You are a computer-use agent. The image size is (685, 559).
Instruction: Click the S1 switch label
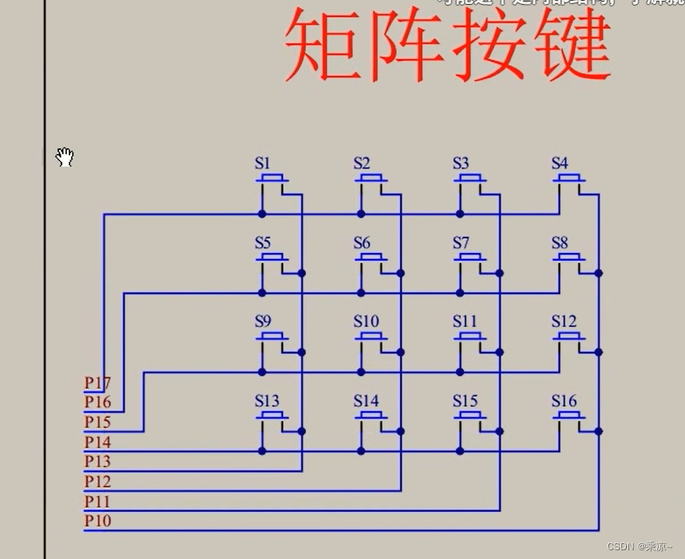tap(263, 163)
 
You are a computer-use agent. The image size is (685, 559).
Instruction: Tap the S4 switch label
tap(560, 163)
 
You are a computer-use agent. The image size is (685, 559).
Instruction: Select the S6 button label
tap(362, 242)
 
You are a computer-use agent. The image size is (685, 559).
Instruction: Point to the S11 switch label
tap(464, 321)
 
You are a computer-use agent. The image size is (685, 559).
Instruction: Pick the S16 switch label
tap(564, 400)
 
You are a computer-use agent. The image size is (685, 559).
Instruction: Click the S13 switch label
tap(267, 400)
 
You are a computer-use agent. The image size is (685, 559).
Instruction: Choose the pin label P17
tap(97, 383)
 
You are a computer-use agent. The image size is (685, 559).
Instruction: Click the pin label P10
tap(97, 521)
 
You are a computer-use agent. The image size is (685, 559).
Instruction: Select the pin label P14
tap(97, 442)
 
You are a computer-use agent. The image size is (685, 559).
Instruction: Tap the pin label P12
tap(97, 481)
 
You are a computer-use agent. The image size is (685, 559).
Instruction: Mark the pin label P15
tap(97, 422)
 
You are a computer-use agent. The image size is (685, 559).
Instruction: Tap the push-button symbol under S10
tap(373, 337)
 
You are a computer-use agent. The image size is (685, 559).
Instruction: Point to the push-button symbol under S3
tap(472, 179)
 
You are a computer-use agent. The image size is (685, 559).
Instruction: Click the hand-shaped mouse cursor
tap(65, 157)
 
